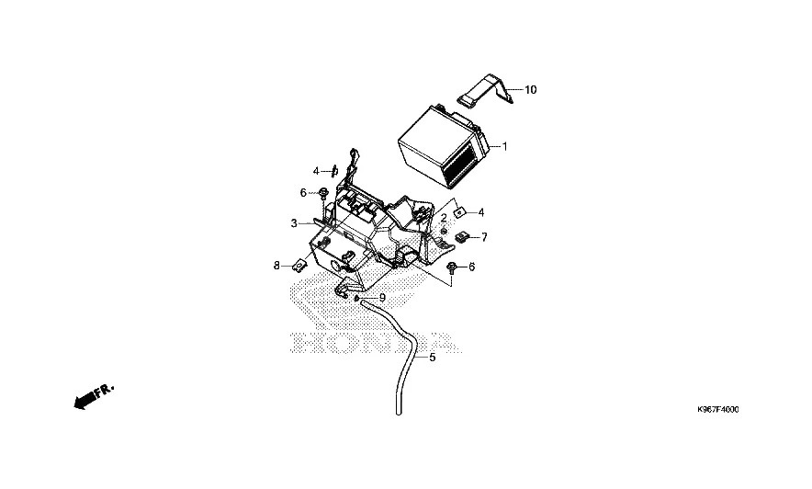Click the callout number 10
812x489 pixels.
pyautogui.click(x=530, y=90)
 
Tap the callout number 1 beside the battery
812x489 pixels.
pyautogui.click(x=503, y=146)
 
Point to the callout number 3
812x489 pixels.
pyautogui.click(x=294, y=223)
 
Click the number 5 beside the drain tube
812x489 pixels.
pyautogui.click(x=433, y=358)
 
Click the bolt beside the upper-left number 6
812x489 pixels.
pyautogui.click(x=324, y=193)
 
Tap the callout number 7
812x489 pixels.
pyautogui.click(x=484, y=237)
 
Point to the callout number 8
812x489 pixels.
pyautogui.click(x=276, y=266)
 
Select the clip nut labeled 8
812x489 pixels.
pyautogui.click(x=299, y=266)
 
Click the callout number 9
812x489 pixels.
pyautogui.click(x=382, y=298)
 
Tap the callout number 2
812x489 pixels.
pyautogui.click(x=443, y=218)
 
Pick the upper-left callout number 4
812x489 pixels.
pyautogui.click(x=315, y=171)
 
